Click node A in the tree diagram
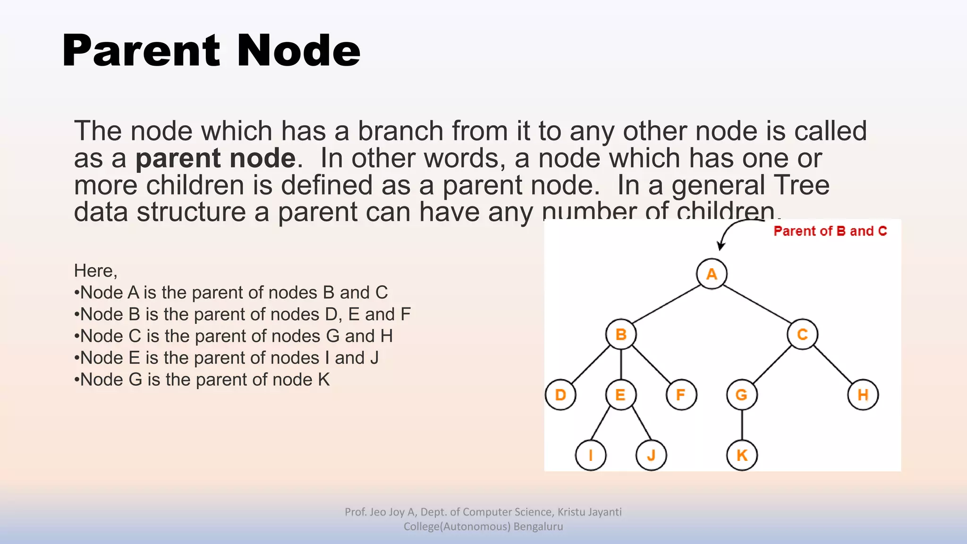[x=712, y=274]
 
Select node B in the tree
[x=621, y=334]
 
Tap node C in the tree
[x=802, y=334]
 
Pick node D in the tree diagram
[x=560, y=395]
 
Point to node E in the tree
[x=620, y=395]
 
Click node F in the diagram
[x=681, y=395]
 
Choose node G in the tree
[x=742, y=395]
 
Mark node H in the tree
[x=863, y=395]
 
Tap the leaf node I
[x=591, y=455]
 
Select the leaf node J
[x=651, y=455]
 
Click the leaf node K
[x=742, y=455]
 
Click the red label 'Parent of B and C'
[x=830, y=231]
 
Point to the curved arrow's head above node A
[x=720, y=246]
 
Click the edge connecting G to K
[x=742, y=425]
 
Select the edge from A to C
[x=757, y=304]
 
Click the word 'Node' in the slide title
[x=298, y=51]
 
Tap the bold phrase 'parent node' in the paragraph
[x=215, y=158]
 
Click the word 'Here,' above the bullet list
[x=95, y=271]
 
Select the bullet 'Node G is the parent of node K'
[x=203, y=380]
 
